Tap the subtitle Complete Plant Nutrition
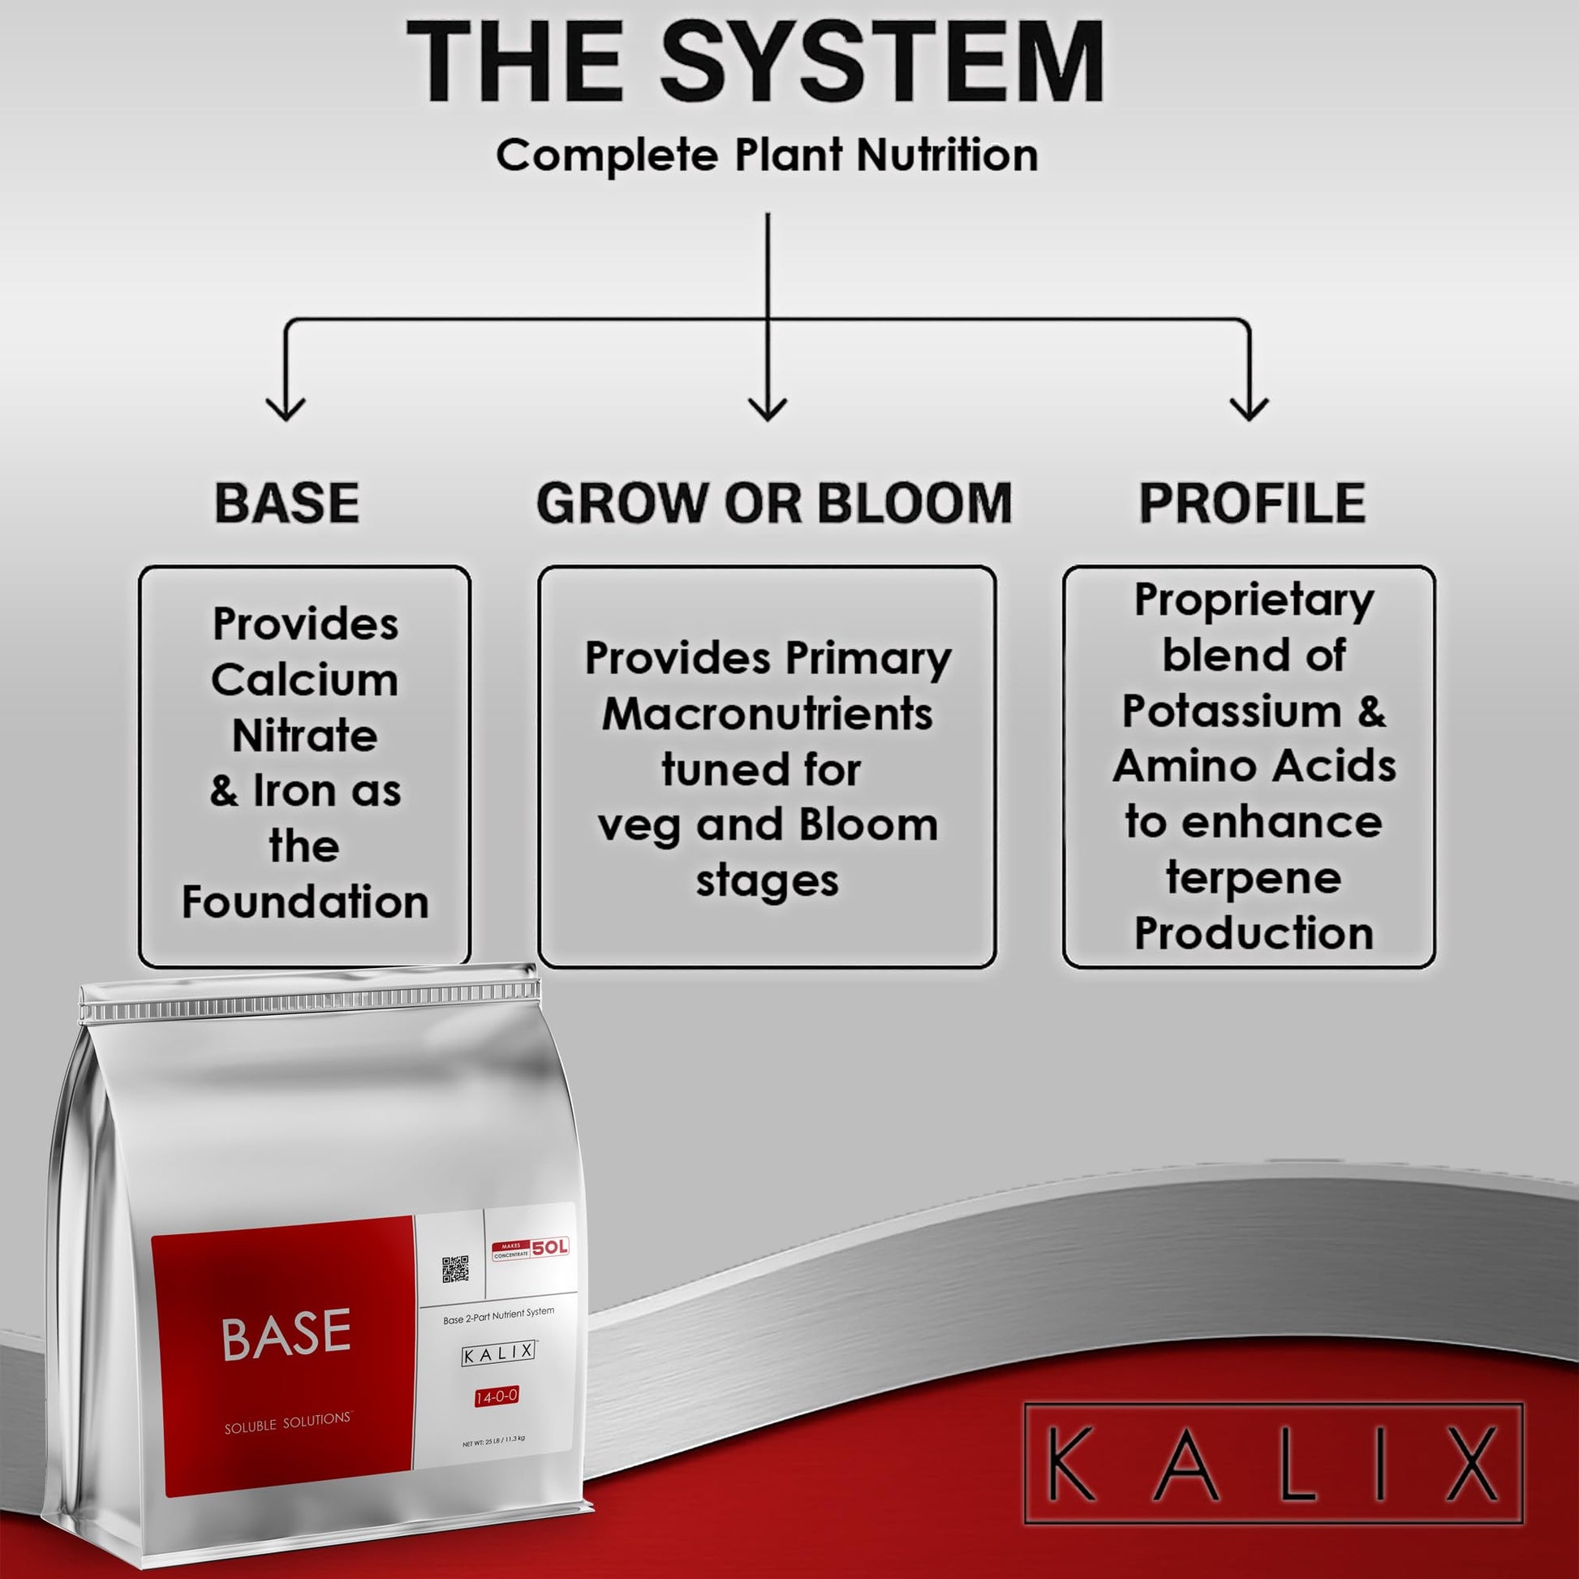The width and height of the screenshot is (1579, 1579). pyautogui.click(x=767, y=155)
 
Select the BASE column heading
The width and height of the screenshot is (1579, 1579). pyautogui.click(x=287, y=502)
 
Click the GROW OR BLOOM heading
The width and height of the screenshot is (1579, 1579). pyautogui.click(x=774, y=502)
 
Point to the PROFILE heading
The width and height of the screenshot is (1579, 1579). pyautogui.click(x=1252, y=502)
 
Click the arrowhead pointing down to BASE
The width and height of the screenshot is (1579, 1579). pyautogui.click(x=286, y=409)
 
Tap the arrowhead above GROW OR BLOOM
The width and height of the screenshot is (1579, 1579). pyautogui.click(x=768, y=409)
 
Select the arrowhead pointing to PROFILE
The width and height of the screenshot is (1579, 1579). pyautogui.click(x=1249, y=409)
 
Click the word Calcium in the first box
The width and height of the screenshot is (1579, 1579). pyautogui.click(x=305, y=680)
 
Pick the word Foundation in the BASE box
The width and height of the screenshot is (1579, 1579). pyautogui.click(x=305, y=902)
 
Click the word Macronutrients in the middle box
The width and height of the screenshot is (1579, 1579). pyautogui.click(x=768, y=714)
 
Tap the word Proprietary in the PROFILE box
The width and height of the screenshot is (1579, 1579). pyautogui.click(x=1254, y=601)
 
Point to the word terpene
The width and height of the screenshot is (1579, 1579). pyautogui.click(x=1254, y=879)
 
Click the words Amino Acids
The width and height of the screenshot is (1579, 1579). pyautogui.click(x=1254, y=767)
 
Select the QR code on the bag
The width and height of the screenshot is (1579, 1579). pyautogui.click(x=455, y=1269)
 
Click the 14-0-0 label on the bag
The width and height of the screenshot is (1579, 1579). pyautogui.click(x=497, y=1396)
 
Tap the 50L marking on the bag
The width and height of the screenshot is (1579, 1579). pyautogui.click(x=550, y=1248)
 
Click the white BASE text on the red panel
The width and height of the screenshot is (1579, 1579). pyautogui.click(x=286, y=1336)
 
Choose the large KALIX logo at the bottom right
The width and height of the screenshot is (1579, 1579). pyautogui.click(x=1273, y=1463)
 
